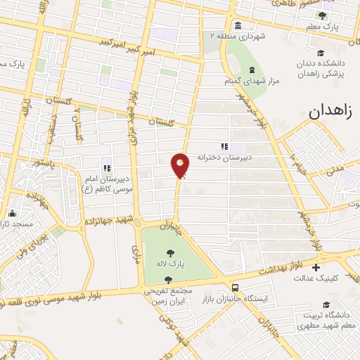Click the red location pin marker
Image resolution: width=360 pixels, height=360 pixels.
(180, 165)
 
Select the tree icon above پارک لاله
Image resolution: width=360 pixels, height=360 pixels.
(169, 252)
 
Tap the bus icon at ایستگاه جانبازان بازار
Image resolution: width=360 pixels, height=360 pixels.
(234, 287)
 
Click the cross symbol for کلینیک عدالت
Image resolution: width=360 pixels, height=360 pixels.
(316, 267)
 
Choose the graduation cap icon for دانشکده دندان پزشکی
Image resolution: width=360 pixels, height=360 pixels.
(321, 53)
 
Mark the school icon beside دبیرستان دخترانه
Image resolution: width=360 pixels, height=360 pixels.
(224, 146)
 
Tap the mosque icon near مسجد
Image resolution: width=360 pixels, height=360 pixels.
(11, 213)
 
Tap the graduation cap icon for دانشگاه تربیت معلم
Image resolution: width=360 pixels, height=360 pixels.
(326, 304)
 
